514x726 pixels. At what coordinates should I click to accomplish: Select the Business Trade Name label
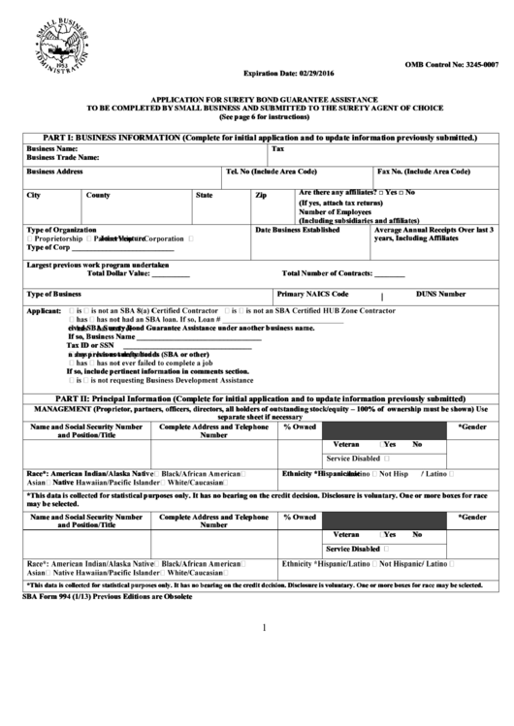[x=63, y=156]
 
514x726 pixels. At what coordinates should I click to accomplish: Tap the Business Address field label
[x=54, y=172]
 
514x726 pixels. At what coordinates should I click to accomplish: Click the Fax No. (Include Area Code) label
[x=424, y=172]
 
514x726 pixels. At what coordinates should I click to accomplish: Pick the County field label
[x=98, y=195]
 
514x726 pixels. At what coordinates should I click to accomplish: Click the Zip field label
[x=260, y=195]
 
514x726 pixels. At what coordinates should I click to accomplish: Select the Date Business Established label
[x=298, y=230]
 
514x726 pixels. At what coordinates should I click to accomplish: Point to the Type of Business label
[x=54, y=293]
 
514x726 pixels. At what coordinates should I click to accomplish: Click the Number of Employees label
[x=336, y=211]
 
